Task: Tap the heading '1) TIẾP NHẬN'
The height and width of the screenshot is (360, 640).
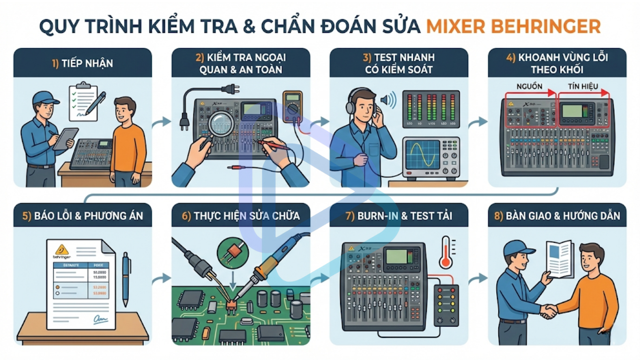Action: click(82, 63)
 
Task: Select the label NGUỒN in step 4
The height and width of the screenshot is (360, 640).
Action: click(529, 87)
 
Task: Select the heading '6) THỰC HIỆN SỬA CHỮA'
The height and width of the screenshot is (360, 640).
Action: click(241, 216)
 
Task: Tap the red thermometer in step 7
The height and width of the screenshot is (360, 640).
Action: click(446, 253)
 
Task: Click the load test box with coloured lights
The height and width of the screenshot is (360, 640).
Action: click(446, 305)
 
